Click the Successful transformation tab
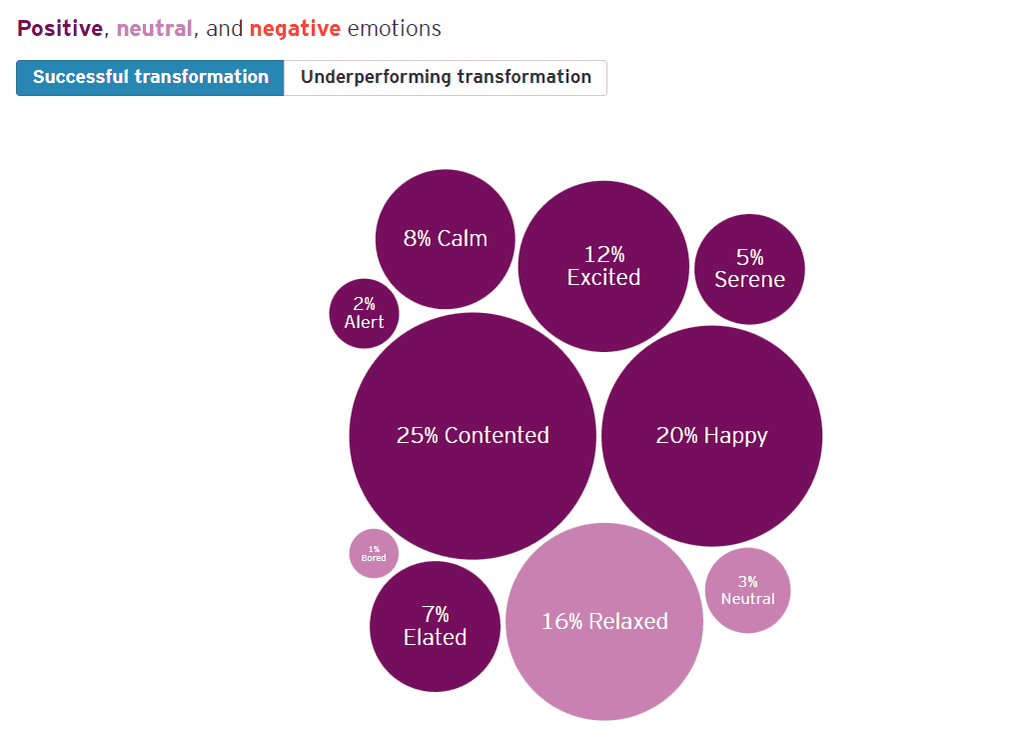[x=150, y=77]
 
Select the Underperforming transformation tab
[x=446, y=77]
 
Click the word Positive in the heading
[x=60, y=28]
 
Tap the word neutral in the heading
[x=154, y=28]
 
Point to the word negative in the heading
[x=295, y=28]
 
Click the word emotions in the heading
[x=395, y=28]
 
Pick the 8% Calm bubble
[x=446, y=239]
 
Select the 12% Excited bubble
[x=603, y=266]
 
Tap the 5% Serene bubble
[x=749, y=269]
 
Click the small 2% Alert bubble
[x=364, y=313]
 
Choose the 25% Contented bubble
[x=473, y=436]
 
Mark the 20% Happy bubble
[x=711, y=436]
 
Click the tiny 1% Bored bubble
[x=374, y=553]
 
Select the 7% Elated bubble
[x=435, y=626]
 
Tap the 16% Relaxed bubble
[x=604, y=621]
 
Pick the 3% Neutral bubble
[x=747, y=590]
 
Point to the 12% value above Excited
[x=603, y=254]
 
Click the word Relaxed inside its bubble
[x=627, y=621]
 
